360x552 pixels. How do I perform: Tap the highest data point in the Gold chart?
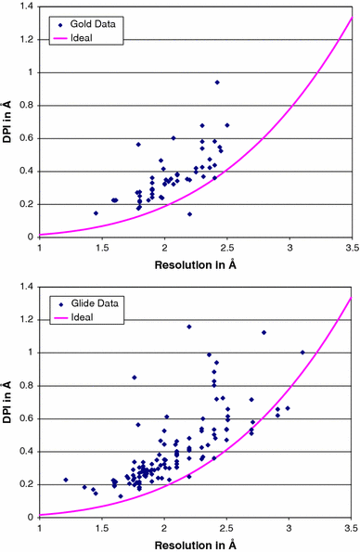tap(217, 83)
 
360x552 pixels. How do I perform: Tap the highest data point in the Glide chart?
tap(189, 327)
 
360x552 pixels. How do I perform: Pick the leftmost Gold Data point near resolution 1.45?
tap(96, 213)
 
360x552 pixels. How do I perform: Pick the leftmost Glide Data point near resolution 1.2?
tap(66, 480)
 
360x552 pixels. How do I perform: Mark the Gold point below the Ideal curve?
tap(189, 214)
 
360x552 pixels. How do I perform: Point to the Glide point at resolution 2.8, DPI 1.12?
tap(264, 332)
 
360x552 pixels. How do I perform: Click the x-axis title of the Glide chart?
tap(196, 545)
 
